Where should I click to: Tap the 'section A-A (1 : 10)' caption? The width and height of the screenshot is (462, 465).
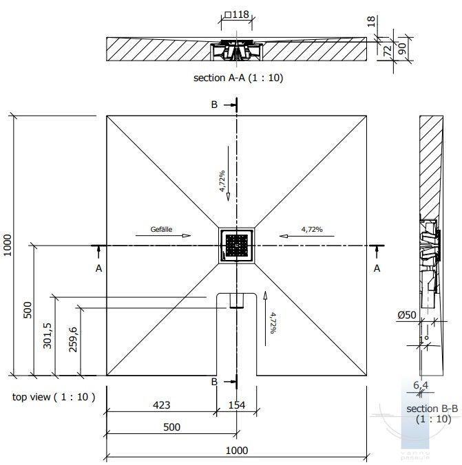click(238, 78)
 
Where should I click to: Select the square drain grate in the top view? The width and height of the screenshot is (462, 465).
click(236, 245)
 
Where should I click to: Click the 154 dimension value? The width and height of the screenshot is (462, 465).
click(237, 405)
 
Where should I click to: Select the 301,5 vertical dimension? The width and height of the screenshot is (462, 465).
click(48, 336)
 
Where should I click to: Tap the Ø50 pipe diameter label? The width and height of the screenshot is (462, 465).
click(407, 315)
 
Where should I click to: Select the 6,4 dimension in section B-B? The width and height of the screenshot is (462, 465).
click(421, 385)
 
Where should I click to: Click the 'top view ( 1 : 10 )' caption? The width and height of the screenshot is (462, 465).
click(54, 397)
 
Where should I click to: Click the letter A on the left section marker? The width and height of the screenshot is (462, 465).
click(98, 268)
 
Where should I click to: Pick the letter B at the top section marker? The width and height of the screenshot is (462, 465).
click(214, 105)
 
